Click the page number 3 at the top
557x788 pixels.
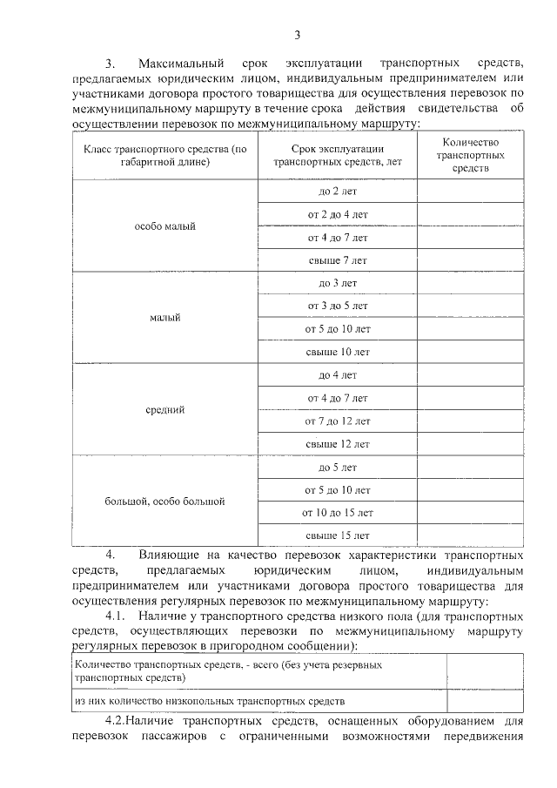pyautogui.click(x=297, y=35)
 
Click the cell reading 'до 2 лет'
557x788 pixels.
pyautogui.click(x=338, y=191)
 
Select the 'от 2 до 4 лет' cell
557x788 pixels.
pyautogui.click(x=338, y=213)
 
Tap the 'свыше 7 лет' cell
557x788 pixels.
pyautogui.click(x=338, y=259)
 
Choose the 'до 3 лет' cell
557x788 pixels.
pyautogui.click(x=338, y=283)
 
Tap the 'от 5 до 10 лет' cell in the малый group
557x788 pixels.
pyautogui.click(x=338, y=329)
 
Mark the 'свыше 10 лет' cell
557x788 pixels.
pyautogui.click(x=338, y=352)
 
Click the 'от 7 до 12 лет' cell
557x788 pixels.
pyautogui.click(x=338, y=421)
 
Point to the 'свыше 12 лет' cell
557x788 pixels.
pyautogui.click(x=338, y=443)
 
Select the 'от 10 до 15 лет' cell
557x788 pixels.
pyautogui.click(x=338, y=512)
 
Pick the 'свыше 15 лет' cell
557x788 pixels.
pyautogui.click(x=338, y=535)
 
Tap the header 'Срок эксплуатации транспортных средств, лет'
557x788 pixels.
pyautogui.click(x=338, y=155)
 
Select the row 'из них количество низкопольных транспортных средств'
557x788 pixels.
pyautogui.click(x=211, y=700)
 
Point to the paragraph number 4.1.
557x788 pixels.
pyautogui.click(x=114, y=616)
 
